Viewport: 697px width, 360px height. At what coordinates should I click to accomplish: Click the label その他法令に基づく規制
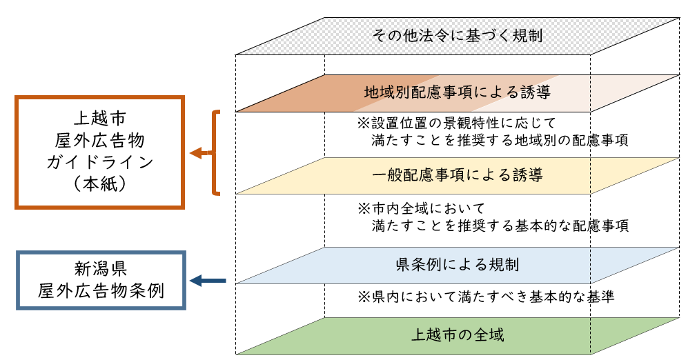click(457, 34)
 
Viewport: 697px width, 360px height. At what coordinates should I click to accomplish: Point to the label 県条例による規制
click(457, 264)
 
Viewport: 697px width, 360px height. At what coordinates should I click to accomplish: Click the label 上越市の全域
click(458, 336)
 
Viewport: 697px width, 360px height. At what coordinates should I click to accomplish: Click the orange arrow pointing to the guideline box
click(201, 153)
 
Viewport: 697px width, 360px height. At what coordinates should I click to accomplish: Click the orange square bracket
click(217, 152)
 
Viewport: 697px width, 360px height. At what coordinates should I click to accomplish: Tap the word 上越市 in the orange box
click(99, 118)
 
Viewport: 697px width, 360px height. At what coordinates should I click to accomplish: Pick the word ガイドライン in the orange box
click(99, 163)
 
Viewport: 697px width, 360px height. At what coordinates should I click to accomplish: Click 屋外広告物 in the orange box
click(99, 140)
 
